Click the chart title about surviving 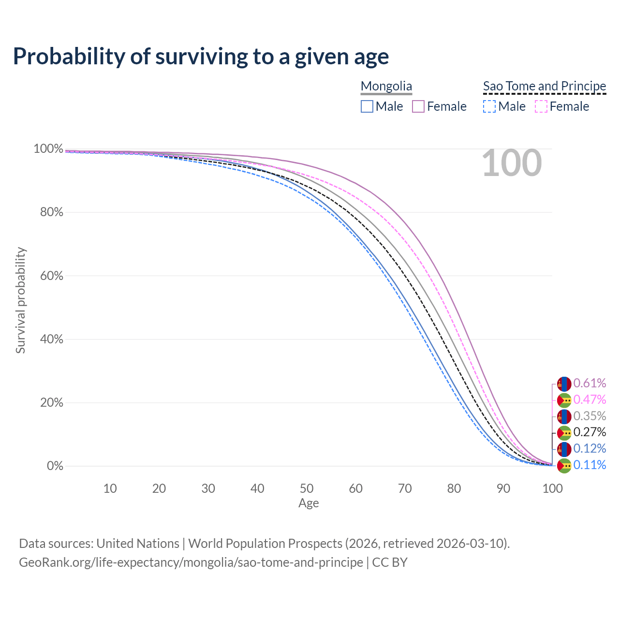click(x=201, y=57)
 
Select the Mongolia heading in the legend click(x=386, y=87)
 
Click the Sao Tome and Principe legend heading click(x=545, y=87)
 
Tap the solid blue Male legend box click(x=367, y=106)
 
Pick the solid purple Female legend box click(x=418, y=106)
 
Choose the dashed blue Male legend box click(x=489, y=106)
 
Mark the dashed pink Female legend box click(x=541, y=106)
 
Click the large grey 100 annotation click(x=512, y=163)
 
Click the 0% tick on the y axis click(x=55, y=466)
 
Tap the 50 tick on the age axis click(x=307, y=488)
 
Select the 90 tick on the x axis click(x=503, y=488)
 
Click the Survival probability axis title click(x=20, y=300)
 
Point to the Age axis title click(x=309, y=503)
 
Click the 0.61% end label click(x=590, y=383)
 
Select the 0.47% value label click(x=590, y=399)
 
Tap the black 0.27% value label click(x=590, y=432)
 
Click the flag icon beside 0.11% click(x=564, y=466)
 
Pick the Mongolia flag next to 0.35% click(x=564, y=416)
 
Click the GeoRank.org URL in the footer click(x=191, y=562)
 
